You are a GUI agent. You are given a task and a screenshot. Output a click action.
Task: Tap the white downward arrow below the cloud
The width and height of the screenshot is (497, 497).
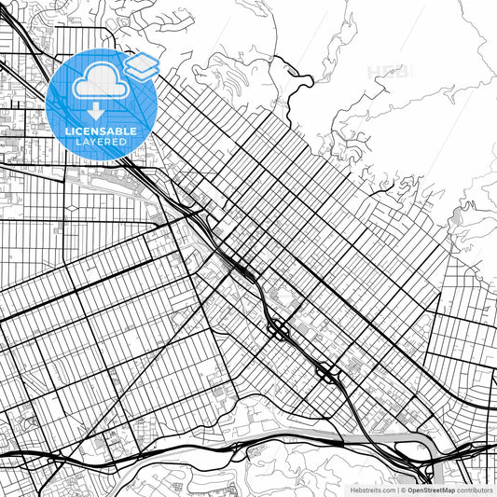(x=97, y=111)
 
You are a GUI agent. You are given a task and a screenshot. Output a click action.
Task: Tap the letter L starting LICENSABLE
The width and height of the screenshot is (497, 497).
(x=66, y=131)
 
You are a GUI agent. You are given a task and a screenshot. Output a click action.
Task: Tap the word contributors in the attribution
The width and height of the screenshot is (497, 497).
(x=476, y=490)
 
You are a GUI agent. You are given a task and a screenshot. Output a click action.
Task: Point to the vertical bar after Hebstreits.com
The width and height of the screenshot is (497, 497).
(x=397, y=490)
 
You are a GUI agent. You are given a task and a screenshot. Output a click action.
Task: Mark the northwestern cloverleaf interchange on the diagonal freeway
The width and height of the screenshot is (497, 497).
(x=279, y=329)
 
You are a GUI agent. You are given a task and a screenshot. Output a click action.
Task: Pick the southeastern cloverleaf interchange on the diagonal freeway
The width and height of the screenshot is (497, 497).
(x=328, y=373)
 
